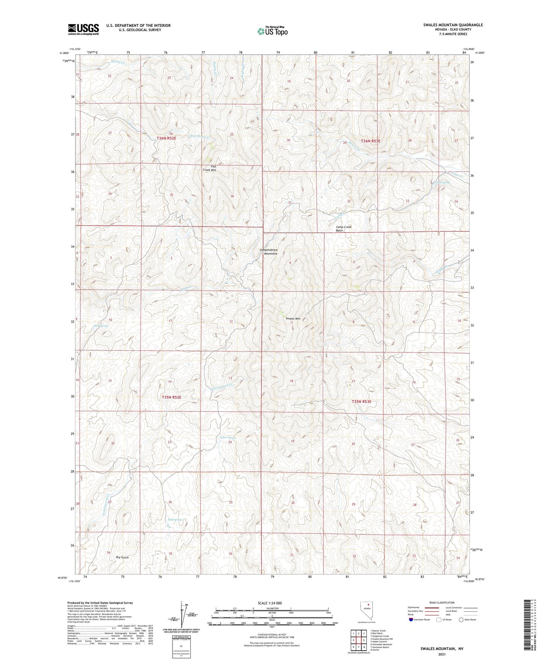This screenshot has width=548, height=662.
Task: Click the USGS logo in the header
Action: [83, 29]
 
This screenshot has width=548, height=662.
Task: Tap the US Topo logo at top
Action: [272, 31]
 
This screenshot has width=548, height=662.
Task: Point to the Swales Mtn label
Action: [293, 319]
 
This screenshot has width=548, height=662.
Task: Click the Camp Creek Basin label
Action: [344, 229]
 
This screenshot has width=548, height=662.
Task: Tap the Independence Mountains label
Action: [269, 252]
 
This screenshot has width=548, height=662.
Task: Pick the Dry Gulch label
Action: [122, 557]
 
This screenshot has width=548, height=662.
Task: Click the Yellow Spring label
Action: [228, 438]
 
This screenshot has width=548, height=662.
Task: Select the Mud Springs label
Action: [175, 520]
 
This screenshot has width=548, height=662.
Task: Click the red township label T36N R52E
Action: [166, 138]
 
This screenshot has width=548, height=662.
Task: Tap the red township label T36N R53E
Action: [370, 141]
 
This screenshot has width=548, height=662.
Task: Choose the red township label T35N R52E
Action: [171, 397]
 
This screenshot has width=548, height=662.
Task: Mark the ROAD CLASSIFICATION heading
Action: [442, 602]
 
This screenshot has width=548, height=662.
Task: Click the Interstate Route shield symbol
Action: [411, 620]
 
